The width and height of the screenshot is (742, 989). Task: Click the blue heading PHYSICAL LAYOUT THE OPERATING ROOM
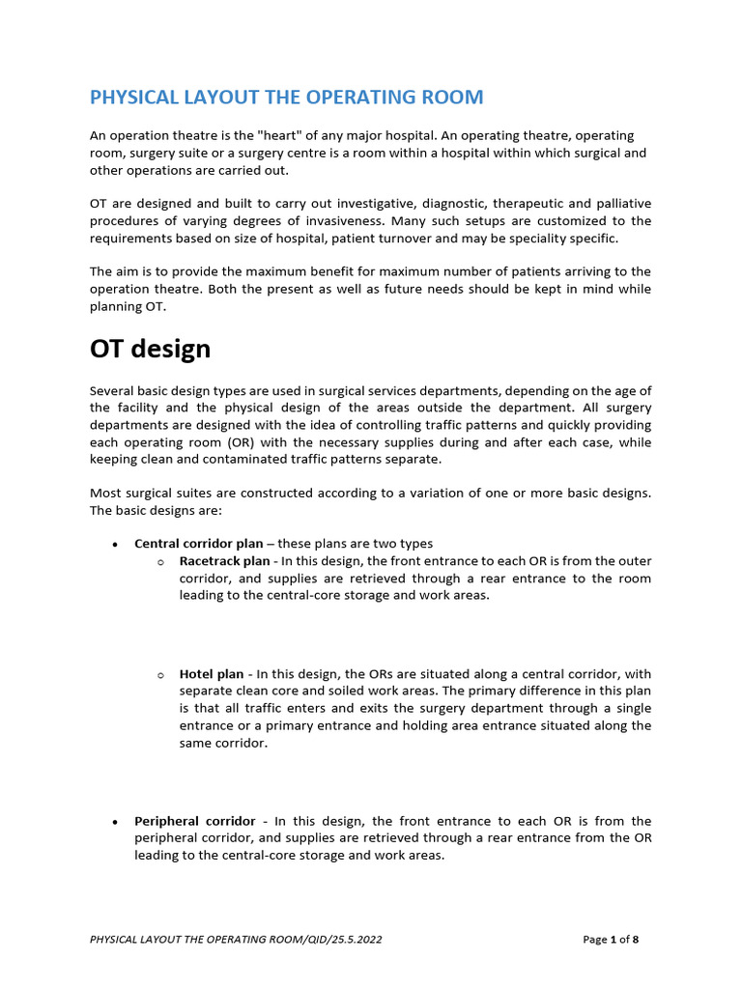(x=286, y=98)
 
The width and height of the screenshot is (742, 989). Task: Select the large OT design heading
(x=150, y=349)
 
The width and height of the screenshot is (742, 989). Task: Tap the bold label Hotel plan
(x=212, y=673)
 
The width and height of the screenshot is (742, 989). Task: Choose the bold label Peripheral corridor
(x=195, y=821)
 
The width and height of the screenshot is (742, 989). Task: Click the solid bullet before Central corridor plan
(x=115, y=545)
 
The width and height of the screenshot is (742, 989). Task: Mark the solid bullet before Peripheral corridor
(x=115, y=822)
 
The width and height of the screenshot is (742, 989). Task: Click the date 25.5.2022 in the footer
(x=352, y=939)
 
